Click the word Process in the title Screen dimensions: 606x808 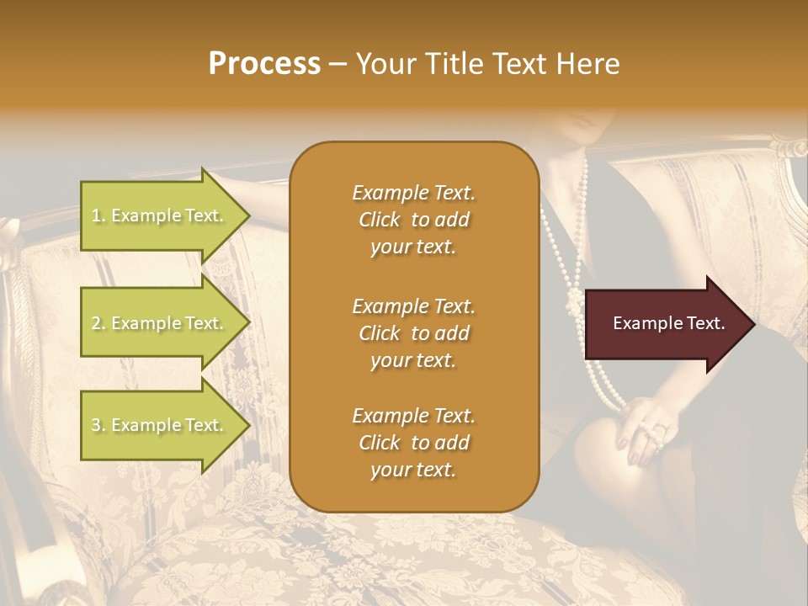pyautogui.click(x=264, y=64)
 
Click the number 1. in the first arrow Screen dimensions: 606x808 pyautogui.click(x=98, y=215)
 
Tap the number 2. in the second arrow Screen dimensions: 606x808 pyautogui.click(x=98, y=323)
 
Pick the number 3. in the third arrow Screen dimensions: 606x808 pyautogui.click(x=98, y=425)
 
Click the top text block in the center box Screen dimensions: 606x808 pyautogui.click(x=413, y=220)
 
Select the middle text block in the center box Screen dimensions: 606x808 pyautogui.click(x=413, y=332)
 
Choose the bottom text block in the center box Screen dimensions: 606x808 pyautogui.click(x=413, y=443)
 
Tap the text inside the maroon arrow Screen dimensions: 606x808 pyautogui.click(x=669, y=323)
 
